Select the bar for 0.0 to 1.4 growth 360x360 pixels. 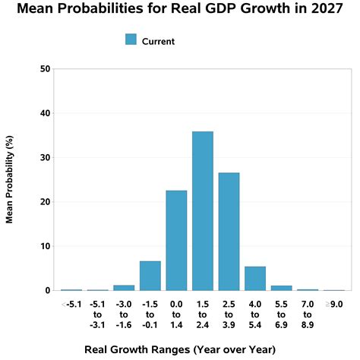point(176,240)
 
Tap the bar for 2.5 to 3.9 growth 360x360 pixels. point(229,232)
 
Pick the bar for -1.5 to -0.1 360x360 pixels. point(150,276)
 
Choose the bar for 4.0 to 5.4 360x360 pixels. point(255,279)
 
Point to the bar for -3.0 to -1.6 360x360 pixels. point(124,288)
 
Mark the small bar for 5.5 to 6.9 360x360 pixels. point(281,288)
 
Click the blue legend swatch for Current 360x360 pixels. point(131,40)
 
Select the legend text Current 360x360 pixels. point(158,41)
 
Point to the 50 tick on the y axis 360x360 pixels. point(46,69)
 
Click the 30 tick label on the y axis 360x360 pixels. point(46,158)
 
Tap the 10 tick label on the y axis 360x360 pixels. point(46,246)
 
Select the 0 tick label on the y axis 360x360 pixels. point(48,291)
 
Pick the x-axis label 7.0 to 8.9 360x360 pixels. point(307,314)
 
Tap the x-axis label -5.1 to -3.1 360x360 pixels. point(97,314)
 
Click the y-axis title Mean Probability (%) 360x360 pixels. point(11,180)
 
